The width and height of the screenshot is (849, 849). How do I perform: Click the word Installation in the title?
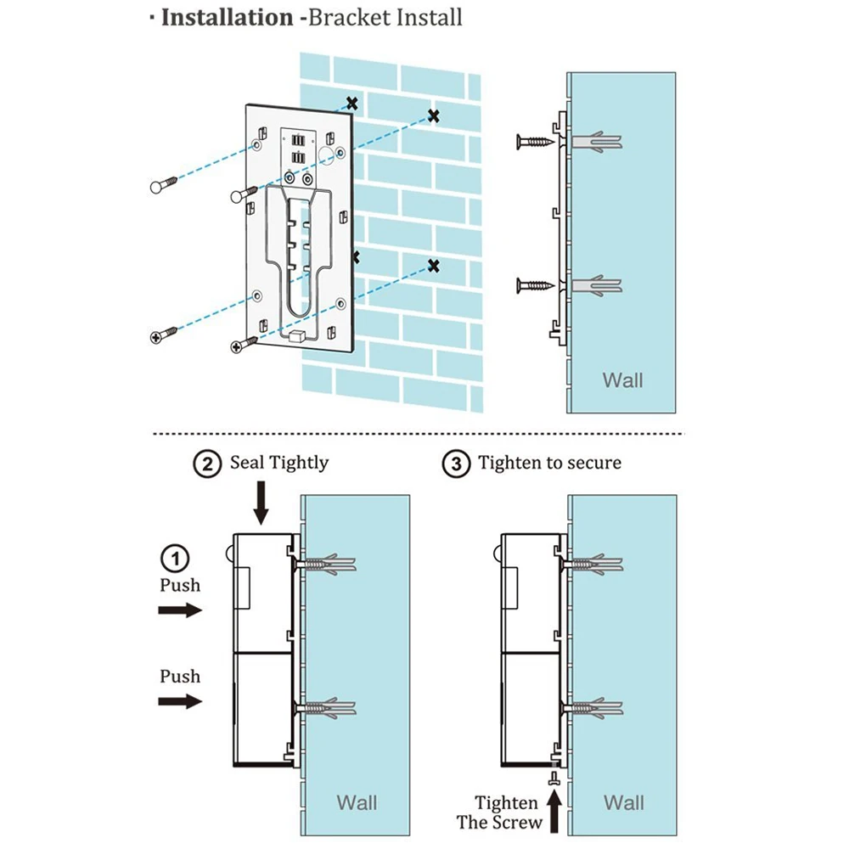tap(228, 18)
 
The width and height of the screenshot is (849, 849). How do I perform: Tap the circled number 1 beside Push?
tap(175, 559)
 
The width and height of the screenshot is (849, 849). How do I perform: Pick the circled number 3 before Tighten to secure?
tap(457, 464)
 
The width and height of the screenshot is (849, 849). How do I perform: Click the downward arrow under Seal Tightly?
tap(261, 503)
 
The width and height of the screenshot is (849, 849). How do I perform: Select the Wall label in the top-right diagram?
tap(622, 380)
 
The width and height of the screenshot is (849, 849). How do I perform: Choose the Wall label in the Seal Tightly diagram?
tap(357, 802)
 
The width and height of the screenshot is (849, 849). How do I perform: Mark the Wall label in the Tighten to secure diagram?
tap(624, 802)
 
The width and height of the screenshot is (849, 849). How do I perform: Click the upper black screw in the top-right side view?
tap(533, 141)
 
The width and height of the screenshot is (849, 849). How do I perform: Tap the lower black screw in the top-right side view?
tap(533, 285)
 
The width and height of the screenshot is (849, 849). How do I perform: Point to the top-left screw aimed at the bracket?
tap(163, 184)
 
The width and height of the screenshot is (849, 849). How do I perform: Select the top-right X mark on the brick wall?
tap(434, 115)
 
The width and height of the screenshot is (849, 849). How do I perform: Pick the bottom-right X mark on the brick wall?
tap(434, 267)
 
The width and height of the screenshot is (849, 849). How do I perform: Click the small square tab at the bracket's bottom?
tap(296, 337)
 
